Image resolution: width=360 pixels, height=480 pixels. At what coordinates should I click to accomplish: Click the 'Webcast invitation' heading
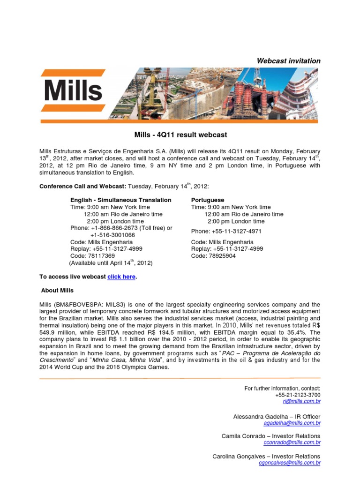coord(289,61)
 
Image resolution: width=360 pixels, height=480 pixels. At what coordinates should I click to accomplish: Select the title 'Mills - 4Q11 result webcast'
coord(180,135)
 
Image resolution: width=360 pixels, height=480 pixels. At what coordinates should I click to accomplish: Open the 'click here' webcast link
coord(121,277)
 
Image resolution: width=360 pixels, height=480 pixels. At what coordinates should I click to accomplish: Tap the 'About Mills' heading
coord(57,291)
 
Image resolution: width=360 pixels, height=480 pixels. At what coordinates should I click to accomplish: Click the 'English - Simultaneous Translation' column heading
coord(121,200)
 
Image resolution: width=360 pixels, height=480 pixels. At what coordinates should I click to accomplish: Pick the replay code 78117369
coord(101,256)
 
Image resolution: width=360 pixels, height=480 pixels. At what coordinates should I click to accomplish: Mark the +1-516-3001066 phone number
coord(112,235)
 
